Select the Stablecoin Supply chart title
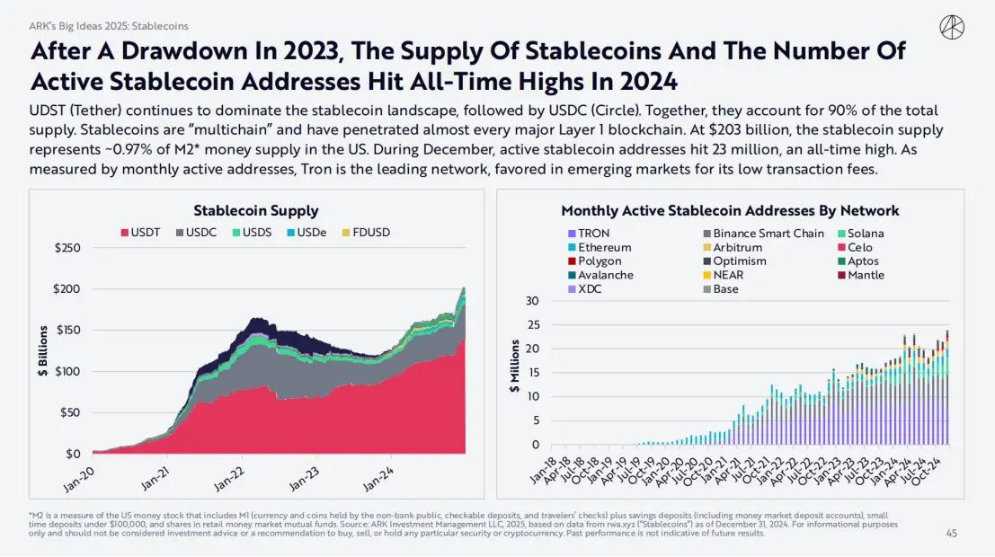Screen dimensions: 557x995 255,210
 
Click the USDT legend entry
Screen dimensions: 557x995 140,232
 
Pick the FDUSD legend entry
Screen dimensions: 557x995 366,232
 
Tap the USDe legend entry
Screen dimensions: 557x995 308,232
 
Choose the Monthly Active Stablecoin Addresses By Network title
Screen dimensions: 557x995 730,210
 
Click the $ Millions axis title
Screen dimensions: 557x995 515,367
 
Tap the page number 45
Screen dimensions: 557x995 951,533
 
